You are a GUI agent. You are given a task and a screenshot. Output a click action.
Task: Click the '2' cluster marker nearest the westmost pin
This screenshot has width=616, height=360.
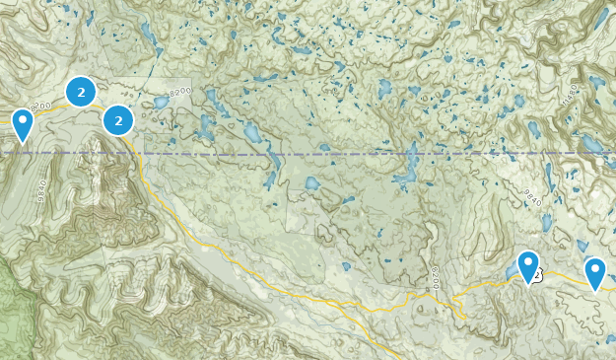click(81, 93)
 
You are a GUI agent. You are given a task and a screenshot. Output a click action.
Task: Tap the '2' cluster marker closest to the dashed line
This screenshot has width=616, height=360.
click(118, 121)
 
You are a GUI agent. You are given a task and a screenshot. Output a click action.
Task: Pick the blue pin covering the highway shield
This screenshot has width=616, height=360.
click(528, 266)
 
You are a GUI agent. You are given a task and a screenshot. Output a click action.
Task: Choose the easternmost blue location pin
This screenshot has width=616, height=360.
click(594, 272)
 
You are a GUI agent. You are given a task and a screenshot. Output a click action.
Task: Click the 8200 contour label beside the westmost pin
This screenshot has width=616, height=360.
click(40, 105)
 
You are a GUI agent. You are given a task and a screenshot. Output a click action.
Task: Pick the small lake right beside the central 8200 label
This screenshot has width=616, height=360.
click(160, 101)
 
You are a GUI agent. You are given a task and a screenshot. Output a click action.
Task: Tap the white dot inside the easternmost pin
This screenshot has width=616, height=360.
click(594, 267)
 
